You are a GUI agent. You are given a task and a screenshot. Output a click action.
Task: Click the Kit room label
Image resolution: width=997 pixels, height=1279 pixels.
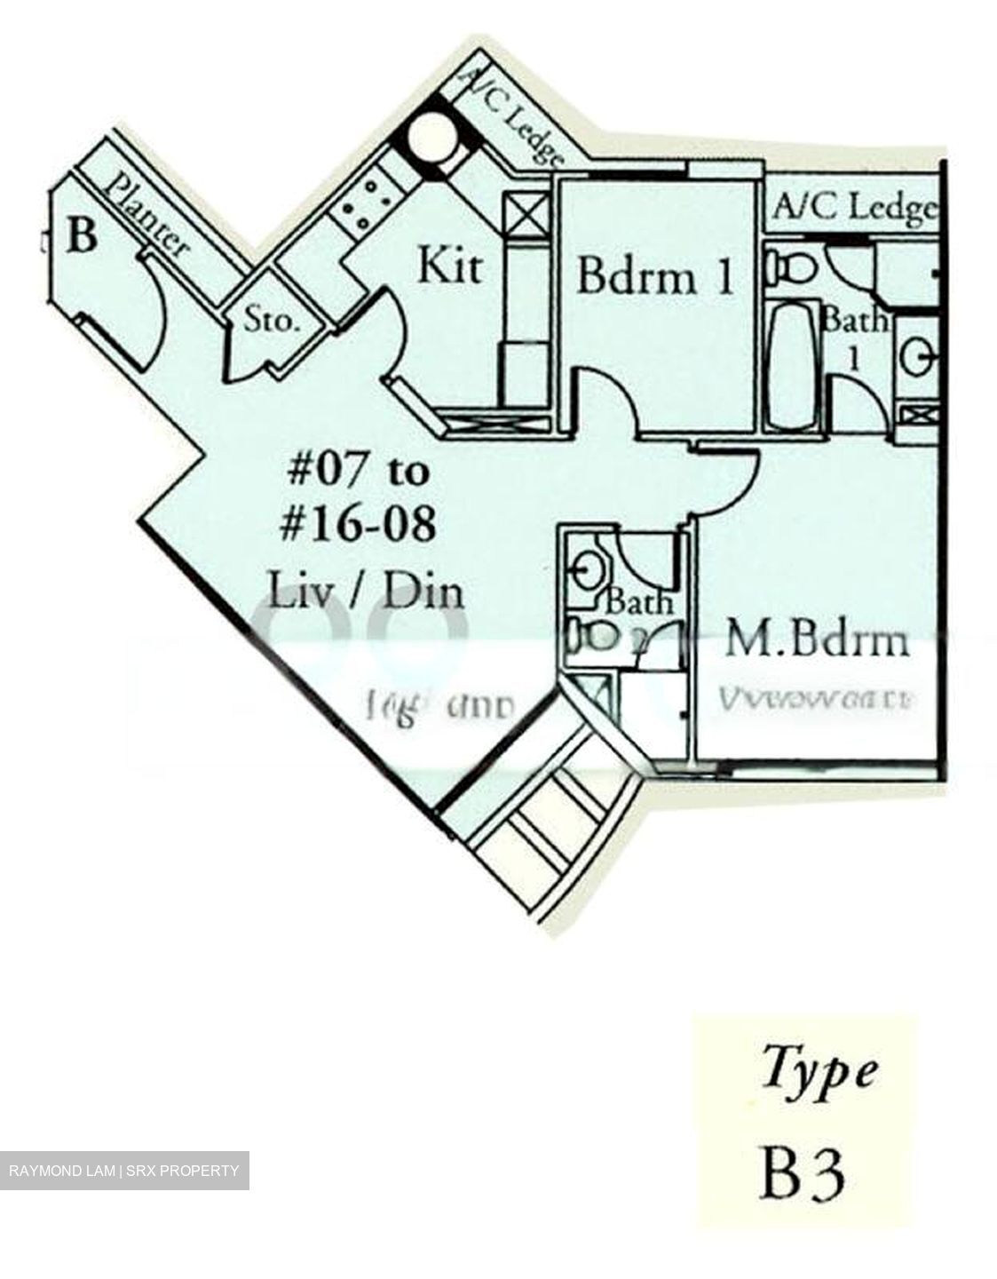click(x=451, y=266)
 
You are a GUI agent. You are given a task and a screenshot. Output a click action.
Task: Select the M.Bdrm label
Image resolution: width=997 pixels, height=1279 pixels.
click(x=817, y=639)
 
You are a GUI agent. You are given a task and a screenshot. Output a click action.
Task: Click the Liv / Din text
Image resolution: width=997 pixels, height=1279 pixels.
click(x=367, y=591)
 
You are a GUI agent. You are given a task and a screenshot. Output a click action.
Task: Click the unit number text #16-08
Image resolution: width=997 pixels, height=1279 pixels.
click(x=358, y=524)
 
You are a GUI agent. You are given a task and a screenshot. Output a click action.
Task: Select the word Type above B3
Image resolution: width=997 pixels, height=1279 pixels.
click(x=820, y=1070)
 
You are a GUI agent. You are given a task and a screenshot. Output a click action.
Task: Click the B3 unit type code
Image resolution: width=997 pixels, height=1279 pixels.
click(x=802, y=1172)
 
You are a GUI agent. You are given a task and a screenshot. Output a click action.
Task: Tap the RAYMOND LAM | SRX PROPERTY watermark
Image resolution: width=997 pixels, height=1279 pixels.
click(x=124, y=1171)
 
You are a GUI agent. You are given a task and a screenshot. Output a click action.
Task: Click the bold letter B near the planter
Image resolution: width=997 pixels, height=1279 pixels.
click(x=82, y=237)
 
